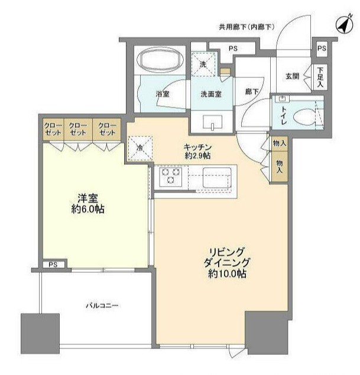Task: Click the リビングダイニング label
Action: pyautogui.click(x=227, y=262)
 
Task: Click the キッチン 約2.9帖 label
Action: pyautogui.click(x=197, y=151)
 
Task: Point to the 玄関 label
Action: pyautogui.click(x=293, y=76)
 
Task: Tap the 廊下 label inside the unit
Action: pyautogui.click(x=251, y=92)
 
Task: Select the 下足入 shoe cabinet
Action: pyautogui.click(x=320, y=76)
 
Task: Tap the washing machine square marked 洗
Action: pyautogui.click(x=202, y=64)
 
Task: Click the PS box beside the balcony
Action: pyautogui.click(x=53, y=265)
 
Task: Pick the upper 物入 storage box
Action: pyautogui.click(x=279, y=144)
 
